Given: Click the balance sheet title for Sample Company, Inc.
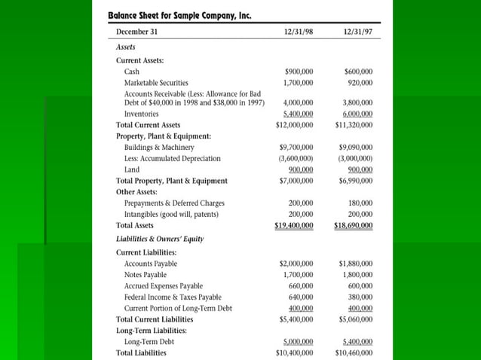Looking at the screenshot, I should tap(179, 14).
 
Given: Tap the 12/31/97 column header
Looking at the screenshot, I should tap(357, 32).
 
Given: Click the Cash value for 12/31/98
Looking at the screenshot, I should tap(299, 71).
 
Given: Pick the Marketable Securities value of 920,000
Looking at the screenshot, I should tap(358, 82).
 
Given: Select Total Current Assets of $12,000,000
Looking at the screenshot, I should tap(295, 125).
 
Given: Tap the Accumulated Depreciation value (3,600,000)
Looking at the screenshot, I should tap(296, 159).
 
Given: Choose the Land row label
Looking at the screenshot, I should tap(132, 170).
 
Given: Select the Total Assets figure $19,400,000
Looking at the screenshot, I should tap(295, 225).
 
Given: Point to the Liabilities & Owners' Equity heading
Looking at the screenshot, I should tap(159, 239).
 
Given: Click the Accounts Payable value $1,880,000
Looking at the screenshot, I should tap(356, 264).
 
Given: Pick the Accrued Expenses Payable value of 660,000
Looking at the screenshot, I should tap(301, 286).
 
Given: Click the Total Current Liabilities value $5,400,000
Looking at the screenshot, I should tap(296, 319).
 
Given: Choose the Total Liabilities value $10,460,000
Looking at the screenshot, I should tap(354, 352).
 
